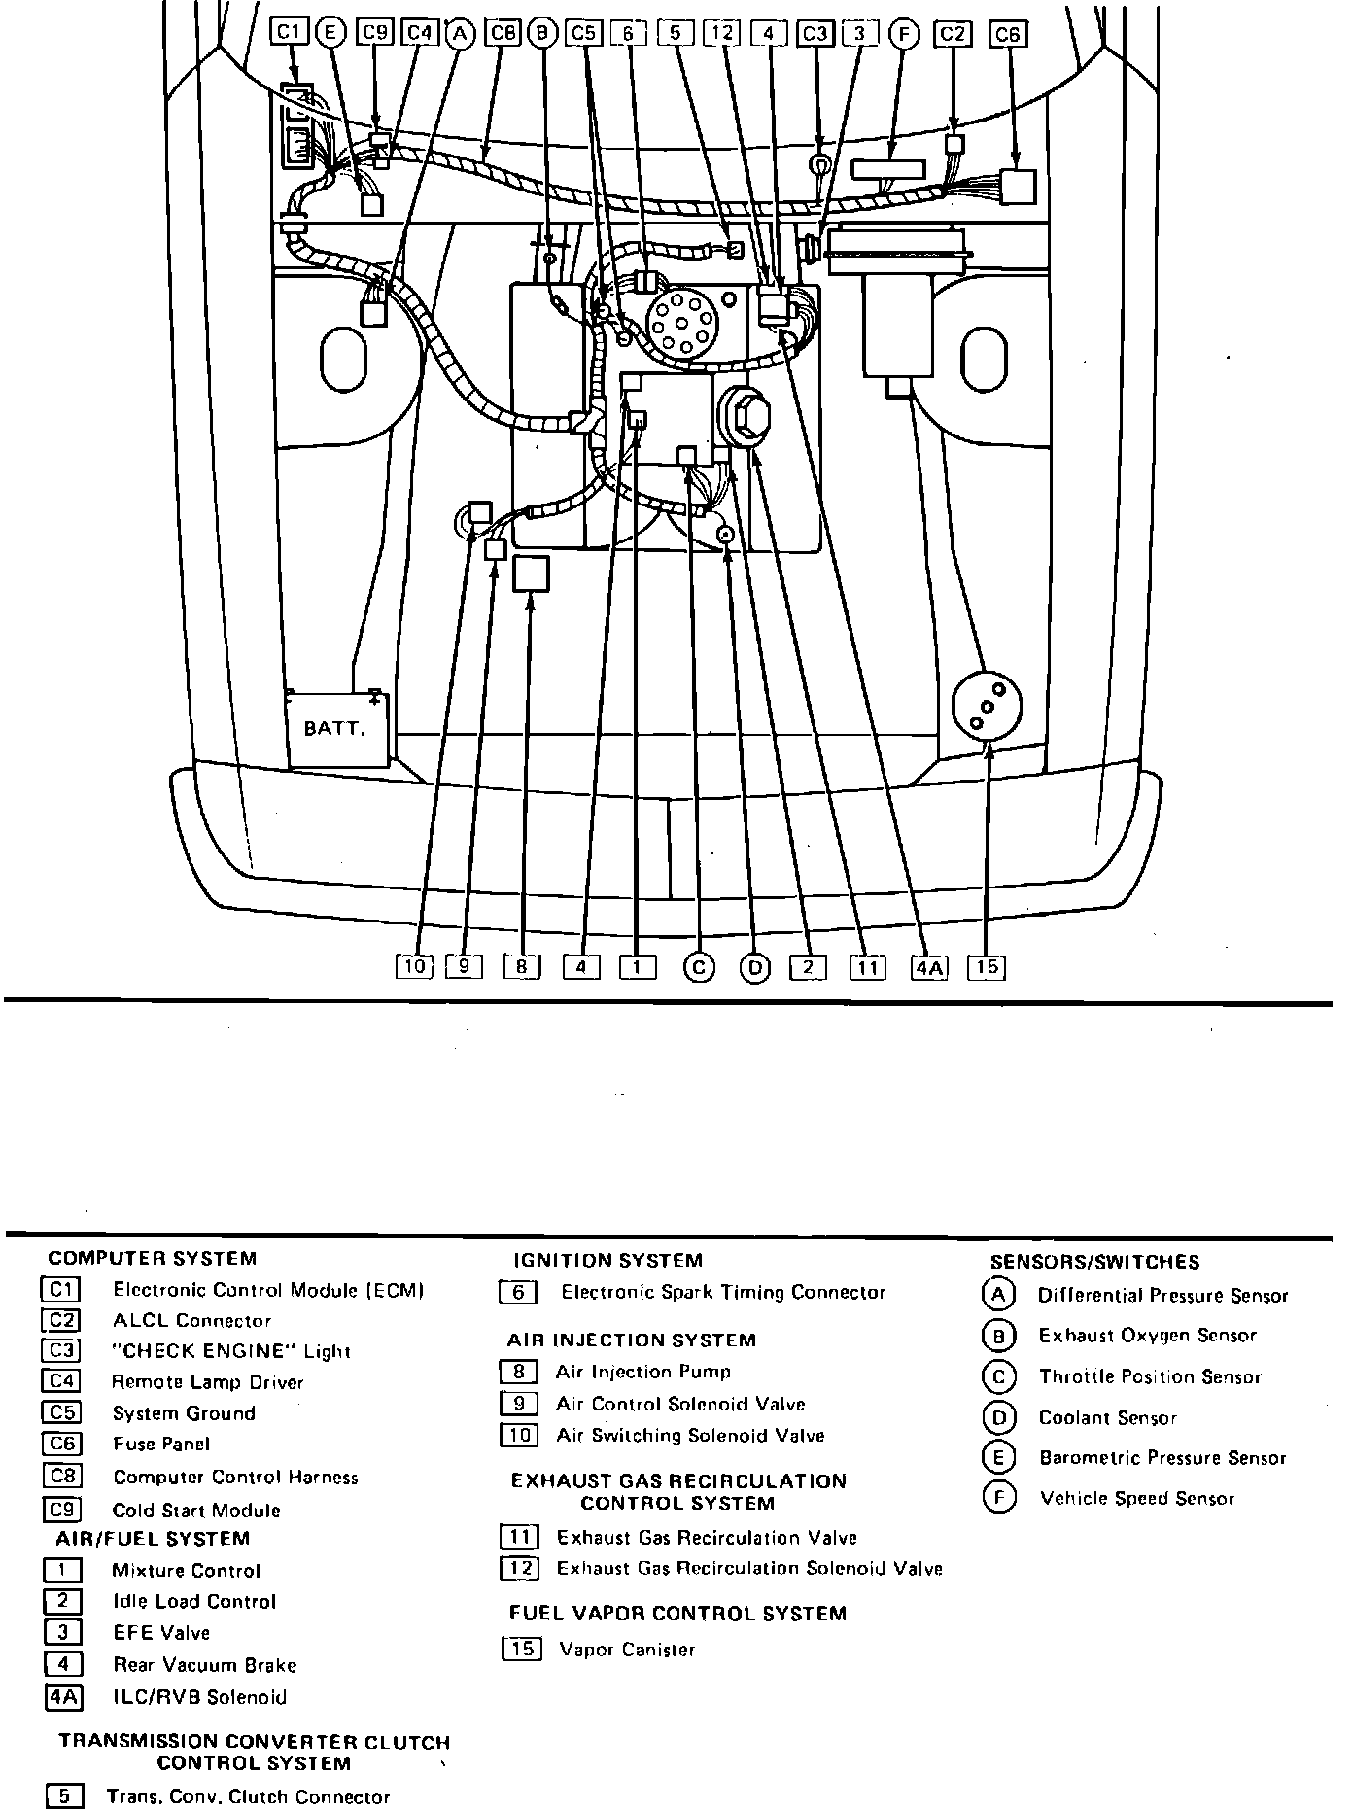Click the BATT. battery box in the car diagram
tap(336, 728)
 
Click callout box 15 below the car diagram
tap(987, 967)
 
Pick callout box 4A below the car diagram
tap(929, 967)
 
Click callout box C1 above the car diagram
tap(289, 33)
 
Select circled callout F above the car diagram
tap(904, 34)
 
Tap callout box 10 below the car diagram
tap(414, 967)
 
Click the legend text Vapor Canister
tap(627, 1650)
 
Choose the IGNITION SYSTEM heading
tap(607, 1261)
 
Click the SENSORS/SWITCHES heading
tap(1094, 1263)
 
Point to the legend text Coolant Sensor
tap(1107, 1418)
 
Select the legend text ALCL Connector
tap(191, 1321)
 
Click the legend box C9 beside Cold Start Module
tap(62, 1510)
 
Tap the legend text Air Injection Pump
tap(642, 1373)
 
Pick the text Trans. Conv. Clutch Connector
tap(248, 1797)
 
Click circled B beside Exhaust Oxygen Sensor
tap(998, 1337)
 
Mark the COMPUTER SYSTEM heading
tap(153, 1259)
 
